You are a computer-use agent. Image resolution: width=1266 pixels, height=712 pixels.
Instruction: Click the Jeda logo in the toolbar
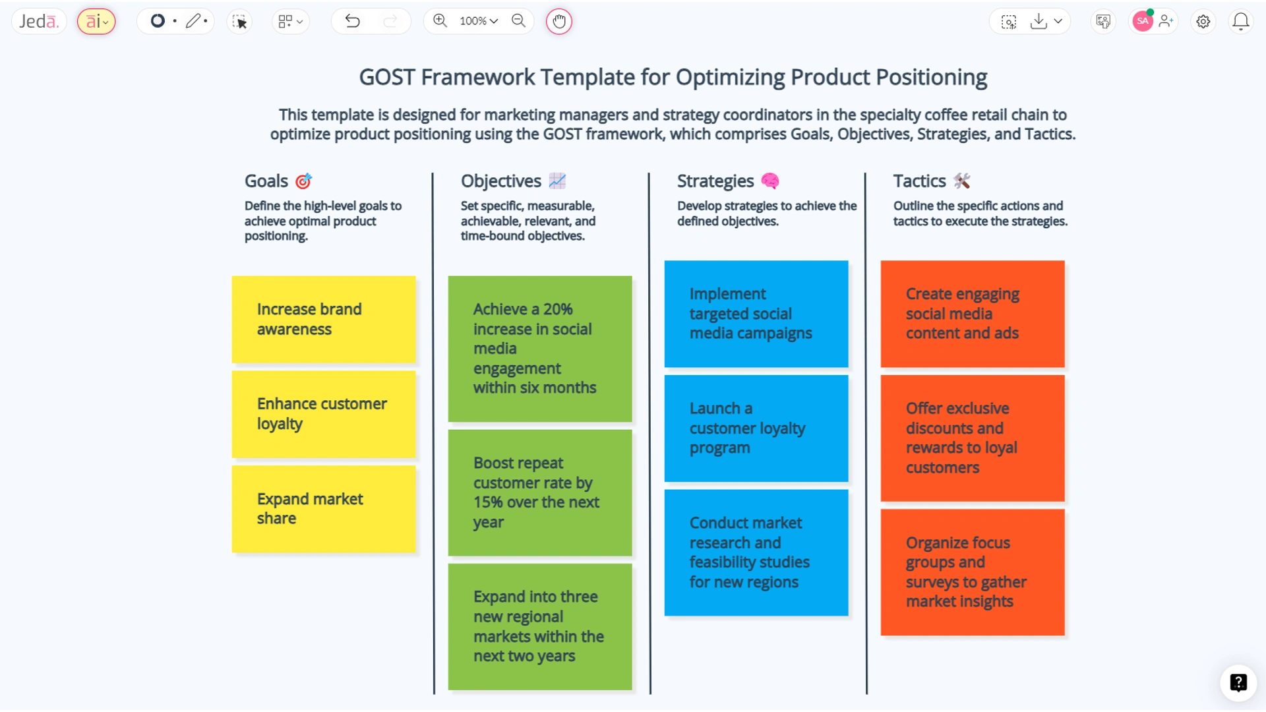(39, 21)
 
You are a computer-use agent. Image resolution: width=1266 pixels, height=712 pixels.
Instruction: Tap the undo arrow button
(353, 21)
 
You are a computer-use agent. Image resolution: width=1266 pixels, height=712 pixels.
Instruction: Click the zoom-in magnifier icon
(440, 20)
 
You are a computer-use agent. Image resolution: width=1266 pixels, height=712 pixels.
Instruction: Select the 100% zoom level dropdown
(479, 21)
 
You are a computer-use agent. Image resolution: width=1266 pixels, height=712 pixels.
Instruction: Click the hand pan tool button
(558, 21)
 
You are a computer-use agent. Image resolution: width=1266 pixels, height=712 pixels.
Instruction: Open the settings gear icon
(1203, 22)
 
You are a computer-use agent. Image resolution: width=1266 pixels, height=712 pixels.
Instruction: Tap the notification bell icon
(1240, 22)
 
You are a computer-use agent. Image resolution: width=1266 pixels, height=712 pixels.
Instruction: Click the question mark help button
(1238, 682)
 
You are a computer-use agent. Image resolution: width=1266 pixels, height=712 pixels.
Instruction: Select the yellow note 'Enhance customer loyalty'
(324, 414)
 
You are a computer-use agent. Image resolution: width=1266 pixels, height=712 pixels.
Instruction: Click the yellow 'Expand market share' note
(324, 508)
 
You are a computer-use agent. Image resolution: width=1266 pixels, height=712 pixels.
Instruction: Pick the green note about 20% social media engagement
(540, 349)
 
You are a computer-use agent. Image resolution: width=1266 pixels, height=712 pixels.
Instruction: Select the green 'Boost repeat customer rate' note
(540, 492)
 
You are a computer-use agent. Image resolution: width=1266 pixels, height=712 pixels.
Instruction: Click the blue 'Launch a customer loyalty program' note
(756, 428)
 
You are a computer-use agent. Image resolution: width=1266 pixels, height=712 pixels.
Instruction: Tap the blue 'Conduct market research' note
(756, 552)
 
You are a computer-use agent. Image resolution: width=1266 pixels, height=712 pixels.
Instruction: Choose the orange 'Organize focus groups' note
(973, 572)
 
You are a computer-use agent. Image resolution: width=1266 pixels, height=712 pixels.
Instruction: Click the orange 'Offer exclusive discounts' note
(973, 438)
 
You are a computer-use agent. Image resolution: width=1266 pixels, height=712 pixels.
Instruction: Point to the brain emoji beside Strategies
(770, 181)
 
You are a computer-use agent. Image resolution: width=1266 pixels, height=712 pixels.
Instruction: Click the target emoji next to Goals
(303, 181)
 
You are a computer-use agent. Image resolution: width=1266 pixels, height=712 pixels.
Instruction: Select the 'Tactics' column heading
(919, 181)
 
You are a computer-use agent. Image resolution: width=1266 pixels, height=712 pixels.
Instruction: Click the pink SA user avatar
(1143, 21)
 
